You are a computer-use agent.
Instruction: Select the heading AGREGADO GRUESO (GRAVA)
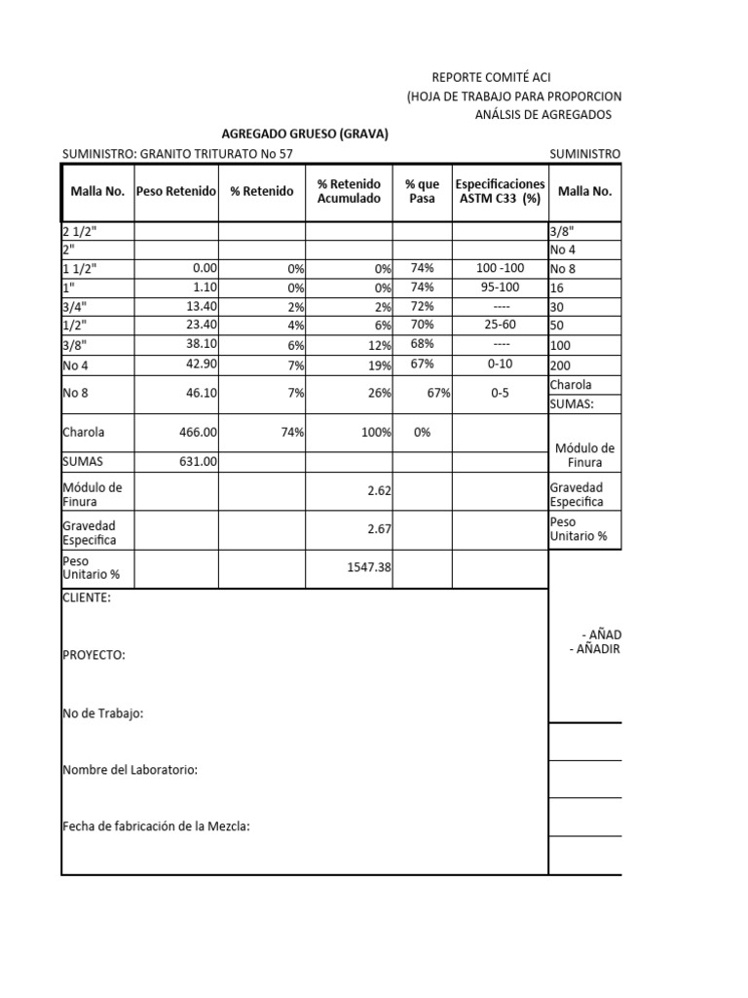click(306, 134)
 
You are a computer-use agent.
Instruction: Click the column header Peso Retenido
click(176, 191)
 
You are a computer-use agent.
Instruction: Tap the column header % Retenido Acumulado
click(350, 191)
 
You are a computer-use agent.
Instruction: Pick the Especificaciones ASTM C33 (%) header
click(501, 191)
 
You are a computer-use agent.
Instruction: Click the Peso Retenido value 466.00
click(197, 431)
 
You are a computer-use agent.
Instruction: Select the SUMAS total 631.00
click(197, 462)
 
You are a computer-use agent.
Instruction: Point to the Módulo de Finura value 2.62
click(379, 492)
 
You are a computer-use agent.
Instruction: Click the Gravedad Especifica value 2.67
click(379, 530)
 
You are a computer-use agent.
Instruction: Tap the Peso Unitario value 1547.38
click(369, 567)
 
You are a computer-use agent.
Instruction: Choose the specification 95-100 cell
click(501, 288)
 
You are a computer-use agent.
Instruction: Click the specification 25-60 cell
click(501, 326)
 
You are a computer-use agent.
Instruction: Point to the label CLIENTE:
click(87, 597)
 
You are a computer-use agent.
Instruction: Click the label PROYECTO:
click(93, 655)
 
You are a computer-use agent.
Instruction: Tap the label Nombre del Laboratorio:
click(130, 770)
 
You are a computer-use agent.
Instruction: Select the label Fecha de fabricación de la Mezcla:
click(156, 826)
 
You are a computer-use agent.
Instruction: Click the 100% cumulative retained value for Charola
click(375, 431)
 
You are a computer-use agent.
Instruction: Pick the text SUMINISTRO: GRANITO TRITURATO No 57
click(176, 153)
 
